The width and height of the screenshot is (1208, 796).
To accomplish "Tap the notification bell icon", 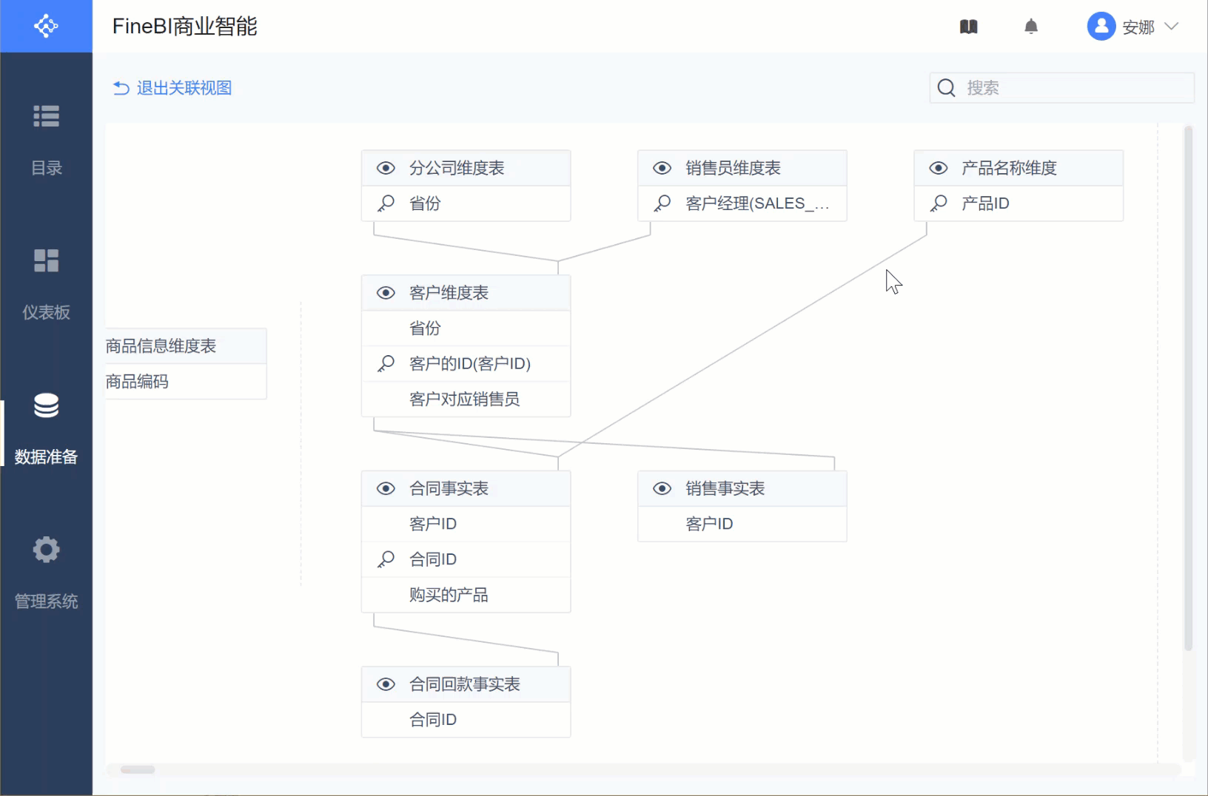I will click(1031, 27).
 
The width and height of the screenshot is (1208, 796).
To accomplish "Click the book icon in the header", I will click(969, 27).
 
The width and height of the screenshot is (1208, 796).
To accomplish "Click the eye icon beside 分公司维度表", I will click(386, 168).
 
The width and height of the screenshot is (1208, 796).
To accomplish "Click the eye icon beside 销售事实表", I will click(662, 488).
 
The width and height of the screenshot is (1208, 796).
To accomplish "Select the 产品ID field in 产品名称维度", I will click(985, 203).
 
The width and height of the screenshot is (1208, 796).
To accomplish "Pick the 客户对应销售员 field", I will click(464, 399).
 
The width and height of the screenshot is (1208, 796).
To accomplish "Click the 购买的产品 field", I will click(449, 595).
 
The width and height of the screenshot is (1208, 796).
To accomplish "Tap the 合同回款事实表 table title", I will click(464, 684).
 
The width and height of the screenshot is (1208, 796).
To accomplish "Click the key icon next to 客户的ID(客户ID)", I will click(386, 364).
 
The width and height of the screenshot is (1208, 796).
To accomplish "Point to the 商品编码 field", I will click(138, 382).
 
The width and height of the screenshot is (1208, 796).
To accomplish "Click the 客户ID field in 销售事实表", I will click(709, 524).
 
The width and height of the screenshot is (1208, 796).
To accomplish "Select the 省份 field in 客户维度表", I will click(425, 328).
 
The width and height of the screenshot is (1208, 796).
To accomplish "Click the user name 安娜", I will click(1138, 27).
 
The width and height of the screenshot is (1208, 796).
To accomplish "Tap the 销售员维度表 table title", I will click(733, 168).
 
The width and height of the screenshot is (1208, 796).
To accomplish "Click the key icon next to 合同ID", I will click(386, 559).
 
